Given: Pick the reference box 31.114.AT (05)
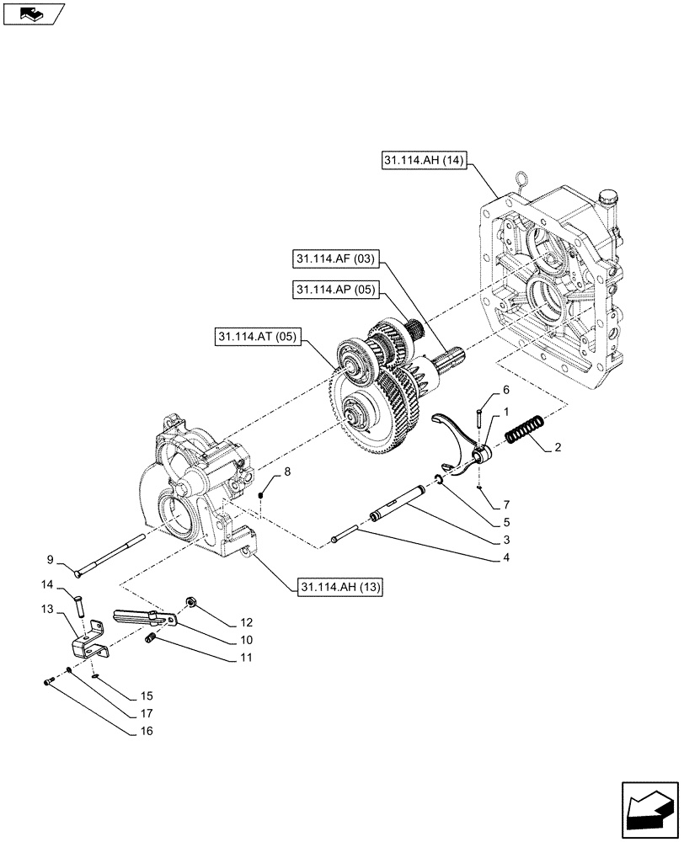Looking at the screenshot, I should pyautogui.click(x=258, y=338).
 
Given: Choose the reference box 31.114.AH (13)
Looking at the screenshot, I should pyautogui.click(x=339, y=586).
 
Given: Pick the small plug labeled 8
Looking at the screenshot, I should pyautogui.click(x=262, y=494).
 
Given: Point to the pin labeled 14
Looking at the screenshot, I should pyautogui.click(x=80, y=605).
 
